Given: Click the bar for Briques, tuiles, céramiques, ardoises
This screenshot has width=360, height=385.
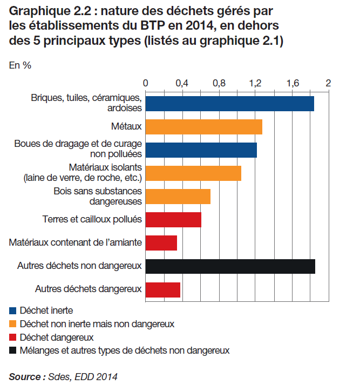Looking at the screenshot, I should (229, 104).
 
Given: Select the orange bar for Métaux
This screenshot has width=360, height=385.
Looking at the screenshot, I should (203, 127).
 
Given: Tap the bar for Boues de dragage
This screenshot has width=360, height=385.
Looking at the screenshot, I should (201, 150).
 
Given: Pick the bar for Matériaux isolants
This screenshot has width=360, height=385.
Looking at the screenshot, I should (193, 173).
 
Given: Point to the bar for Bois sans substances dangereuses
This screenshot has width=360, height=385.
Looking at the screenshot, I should (178, 197).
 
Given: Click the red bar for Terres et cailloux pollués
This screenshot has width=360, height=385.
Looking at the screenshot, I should (173, 220).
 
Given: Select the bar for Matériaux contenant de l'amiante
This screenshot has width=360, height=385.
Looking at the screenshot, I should (161, 243).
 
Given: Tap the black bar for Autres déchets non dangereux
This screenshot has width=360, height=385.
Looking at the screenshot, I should (230, 266).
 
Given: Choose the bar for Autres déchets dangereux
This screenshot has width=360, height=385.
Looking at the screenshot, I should (163, 289).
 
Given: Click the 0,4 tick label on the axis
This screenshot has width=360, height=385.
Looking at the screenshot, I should (182, 84).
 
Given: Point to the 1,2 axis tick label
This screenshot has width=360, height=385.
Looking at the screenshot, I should (255, 84).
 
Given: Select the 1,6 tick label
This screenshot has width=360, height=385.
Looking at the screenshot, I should (292, 84).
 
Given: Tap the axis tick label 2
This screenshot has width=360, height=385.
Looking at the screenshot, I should (327, 84).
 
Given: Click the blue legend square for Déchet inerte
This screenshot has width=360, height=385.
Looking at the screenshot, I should (13, 310).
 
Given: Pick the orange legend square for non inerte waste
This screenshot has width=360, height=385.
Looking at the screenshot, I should (13, 324).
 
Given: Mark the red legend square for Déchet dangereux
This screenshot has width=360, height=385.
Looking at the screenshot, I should (13, 337).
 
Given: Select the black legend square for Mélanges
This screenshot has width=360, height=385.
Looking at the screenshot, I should (13, 351).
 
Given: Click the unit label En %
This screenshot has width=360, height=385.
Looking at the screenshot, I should (20, 65).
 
